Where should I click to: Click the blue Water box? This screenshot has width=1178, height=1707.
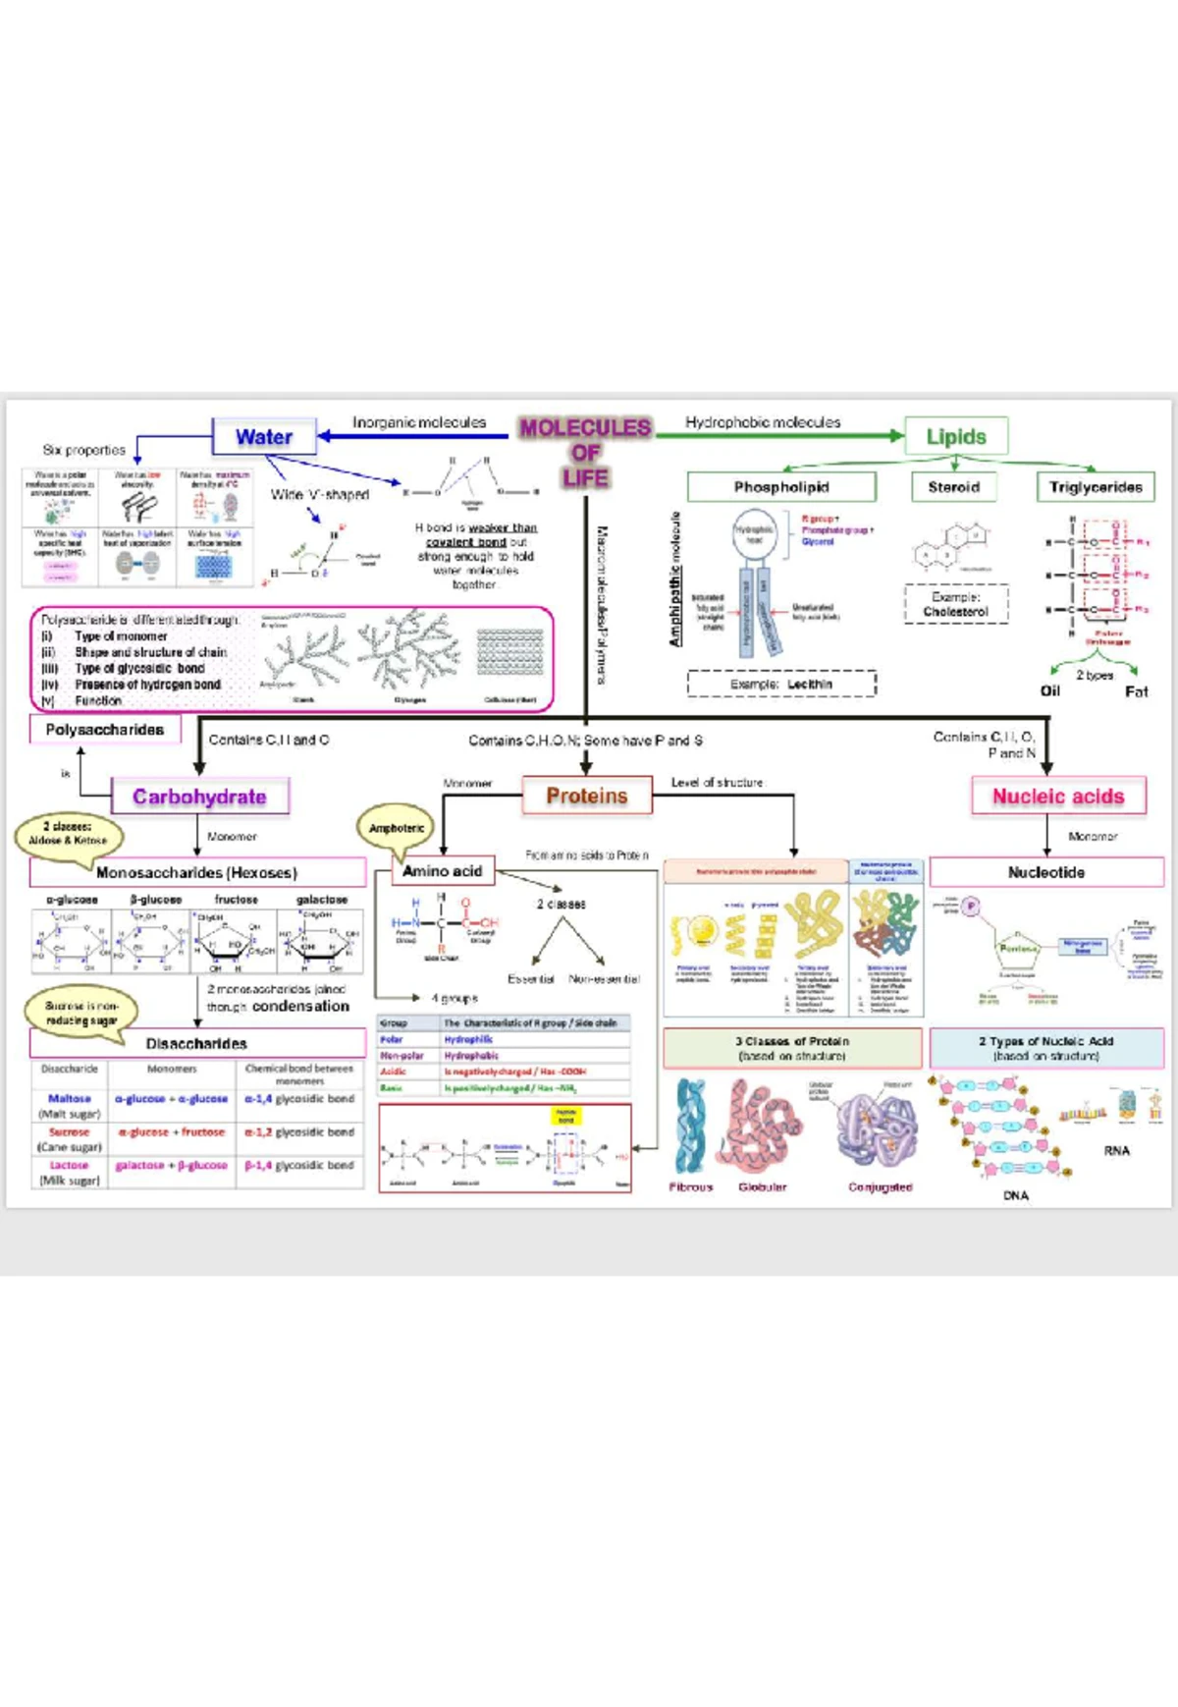264,437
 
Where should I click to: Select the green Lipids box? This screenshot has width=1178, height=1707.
956,437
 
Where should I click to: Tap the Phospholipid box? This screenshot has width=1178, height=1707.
781,487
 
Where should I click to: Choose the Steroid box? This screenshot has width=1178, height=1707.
953,487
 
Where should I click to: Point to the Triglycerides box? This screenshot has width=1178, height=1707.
1096,487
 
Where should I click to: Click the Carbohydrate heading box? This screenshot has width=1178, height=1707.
200,797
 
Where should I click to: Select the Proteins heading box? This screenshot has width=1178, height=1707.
587,796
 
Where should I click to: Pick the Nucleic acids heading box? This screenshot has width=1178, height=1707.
1058,797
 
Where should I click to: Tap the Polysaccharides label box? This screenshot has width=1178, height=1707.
105,730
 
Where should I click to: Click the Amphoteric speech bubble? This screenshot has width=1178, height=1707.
397,828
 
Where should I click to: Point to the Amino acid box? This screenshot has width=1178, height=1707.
443,871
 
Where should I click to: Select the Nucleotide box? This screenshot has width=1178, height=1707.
1046,872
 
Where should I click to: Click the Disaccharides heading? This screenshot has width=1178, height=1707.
196,1043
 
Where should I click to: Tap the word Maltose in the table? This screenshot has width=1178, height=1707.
69,1098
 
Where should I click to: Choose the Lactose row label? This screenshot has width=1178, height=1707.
69,1165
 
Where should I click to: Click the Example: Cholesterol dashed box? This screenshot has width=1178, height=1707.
955,604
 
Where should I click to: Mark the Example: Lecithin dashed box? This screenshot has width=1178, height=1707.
781,684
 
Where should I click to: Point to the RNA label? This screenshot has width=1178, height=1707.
1116,1150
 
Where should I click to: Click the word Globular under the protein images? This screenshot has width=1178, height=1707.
763,1186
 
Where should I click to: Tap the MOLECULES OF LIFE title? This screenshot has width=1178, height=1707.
586,453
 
